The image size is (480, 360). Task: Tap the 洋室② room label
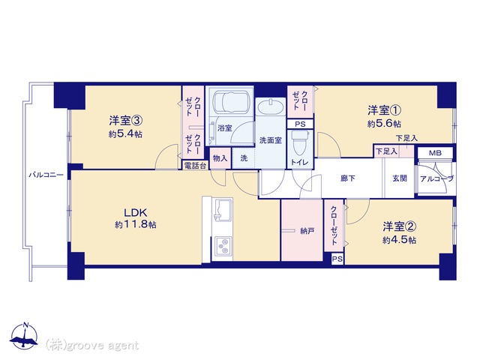399,226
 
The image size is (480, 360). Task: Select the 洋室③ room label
125,120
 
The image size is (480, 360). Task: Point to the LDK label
135,211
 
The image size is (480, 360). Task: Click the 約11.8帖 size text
136,224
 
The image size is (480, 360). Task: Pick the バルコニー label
45,174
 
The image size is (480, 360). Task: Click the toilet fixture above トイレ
301,140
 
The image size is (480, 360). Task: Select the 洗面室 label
270,140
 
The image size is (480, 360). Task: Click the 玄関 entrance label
399,178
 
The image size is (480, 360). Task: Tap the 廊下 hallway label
347,178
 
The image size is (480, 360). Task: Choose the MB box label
435,153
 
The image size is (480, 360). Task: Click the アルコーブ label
436,178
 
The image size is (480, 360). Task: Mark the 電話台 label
194,165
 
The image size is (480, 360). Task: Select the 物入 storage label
220,157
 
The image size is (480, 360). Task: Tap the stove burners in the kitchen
223,244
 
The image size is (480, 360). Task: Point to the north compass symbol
26,337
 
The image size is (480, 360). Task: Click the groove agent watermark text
92,345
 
